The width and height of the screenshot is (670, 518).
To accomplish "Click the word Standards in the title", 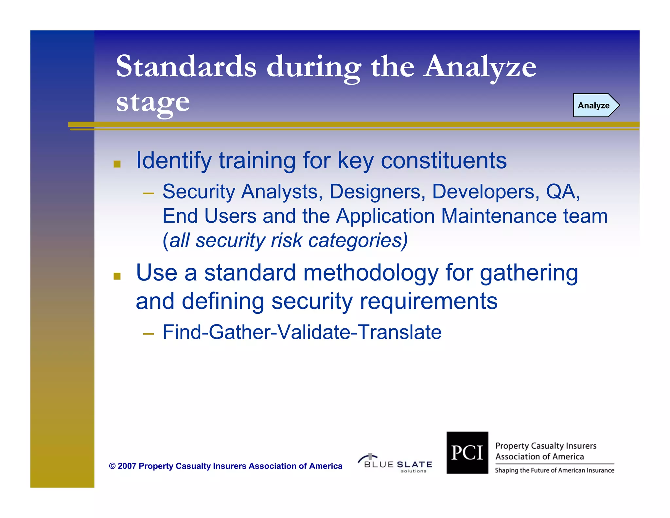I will click(186, 67).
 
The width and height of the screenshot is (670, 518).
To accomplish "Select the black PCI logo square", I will click(467, 453).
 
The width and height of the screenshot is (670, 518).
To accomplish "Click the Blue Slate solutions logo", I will click(395, 463).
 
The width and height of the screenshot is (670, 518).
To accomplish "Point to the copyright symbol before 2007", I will click(112, 466).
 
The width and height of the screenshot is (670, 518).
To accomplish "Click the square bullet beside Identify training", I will click(117, 164).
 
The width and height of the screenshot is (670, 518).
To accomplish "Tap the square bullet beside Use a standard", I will click(117, 276).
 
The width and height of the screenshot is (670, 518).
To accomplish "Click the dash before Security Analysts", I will click(148, 194).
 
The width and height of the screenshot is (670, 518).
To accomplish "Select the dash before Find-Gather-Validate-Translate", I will click(148, 334).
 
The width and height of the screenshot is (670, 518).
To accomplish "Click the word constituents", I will click(444, 161).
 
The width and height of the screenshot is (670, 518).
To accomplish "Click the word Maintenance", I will click(499, 216).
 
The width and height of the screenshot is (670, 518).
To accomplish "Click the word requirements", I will click(429, 301).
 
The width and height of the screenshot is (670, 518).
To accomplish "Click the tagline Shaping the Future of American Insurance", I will click(555, 471).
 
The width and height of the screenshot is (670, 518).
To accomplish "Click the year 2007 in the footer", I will click(127, 466).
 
